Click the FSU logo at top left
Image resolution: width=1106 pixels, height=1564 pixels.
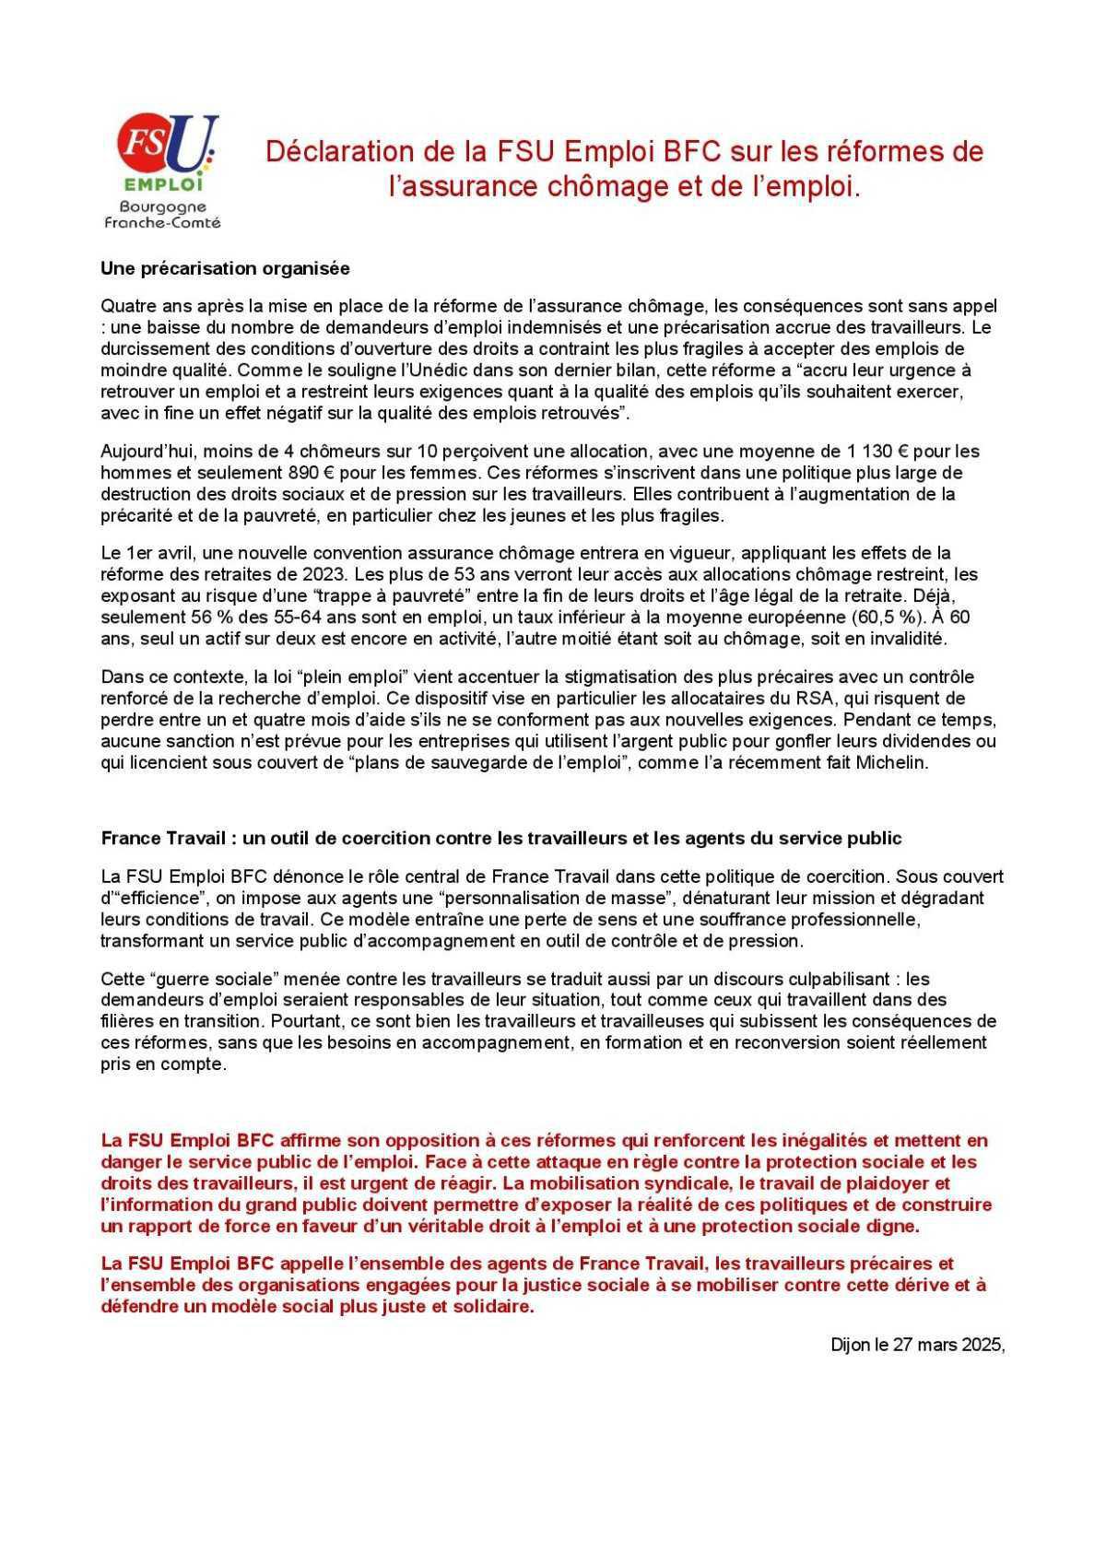pyautogui.click(x=167, y=152)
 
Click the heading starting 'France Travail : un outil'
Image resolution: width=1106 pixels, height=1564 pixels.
pyautogui.click(x=500, y=838)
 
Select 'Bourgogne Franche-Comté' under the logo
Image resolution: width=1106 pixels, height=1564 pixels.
pyautogui.click(x=162, y=215)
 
